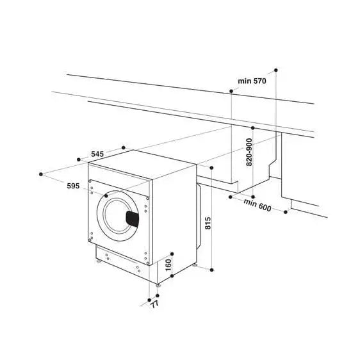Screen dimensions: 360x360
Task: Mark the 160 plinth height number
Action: [168, 264]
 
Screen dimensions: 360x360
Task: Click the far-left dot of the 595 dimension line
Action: [41, 172]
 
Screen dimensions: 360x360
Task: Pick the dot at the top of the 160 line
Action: [172, 252]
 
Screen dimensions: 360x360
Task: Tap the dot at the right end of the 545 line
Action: [124, 147]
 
